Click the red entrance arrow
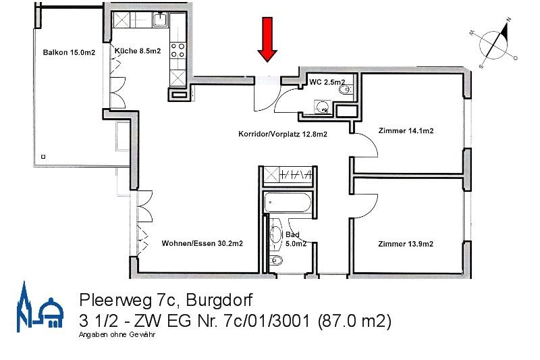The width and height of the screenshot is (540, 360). [267, 39]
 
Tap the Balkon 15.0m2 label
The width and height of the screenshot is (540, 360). [69, 53]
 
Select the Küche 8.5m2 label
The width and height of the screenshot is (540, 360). [138, 51]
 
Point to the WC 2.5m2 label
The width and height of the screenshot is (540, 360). [327, 82]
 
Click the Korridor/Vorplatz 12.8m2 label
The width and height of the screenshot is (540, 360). [283, 134]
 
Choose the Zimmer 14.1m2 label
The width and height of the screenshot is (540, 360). [406, 130]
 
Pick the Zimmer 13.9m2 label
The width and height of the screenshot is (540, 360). [406, 244]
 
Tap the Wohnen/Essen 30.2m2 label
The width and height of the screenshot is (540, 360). [202, 244]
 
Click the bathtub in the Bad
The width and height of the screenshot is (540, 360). [288, 203]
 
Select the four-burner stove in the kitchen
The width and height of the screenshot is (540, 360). [178, 50]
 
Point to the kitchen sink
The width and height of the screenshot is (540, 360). [160, 20]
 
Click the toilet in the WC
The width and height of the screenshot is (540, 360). [345, 90]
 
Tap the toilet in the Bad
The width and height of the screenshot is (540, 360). [276, 260]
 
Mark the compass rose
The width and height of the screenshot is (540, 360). [493, 44]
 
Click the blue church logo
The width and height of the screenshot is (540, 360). [40, 307]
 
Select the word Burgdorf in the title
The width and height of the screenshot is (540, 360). [219, 300]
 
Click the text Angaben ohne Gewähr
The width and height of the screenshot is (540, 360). [117, 334]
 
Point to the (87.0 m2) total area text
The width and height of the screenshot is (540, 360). [354, 321]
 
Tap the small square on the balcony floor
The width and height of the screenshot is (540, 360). [43, 157]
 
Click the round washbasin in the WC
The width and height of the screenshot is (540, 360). [323, 107]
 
